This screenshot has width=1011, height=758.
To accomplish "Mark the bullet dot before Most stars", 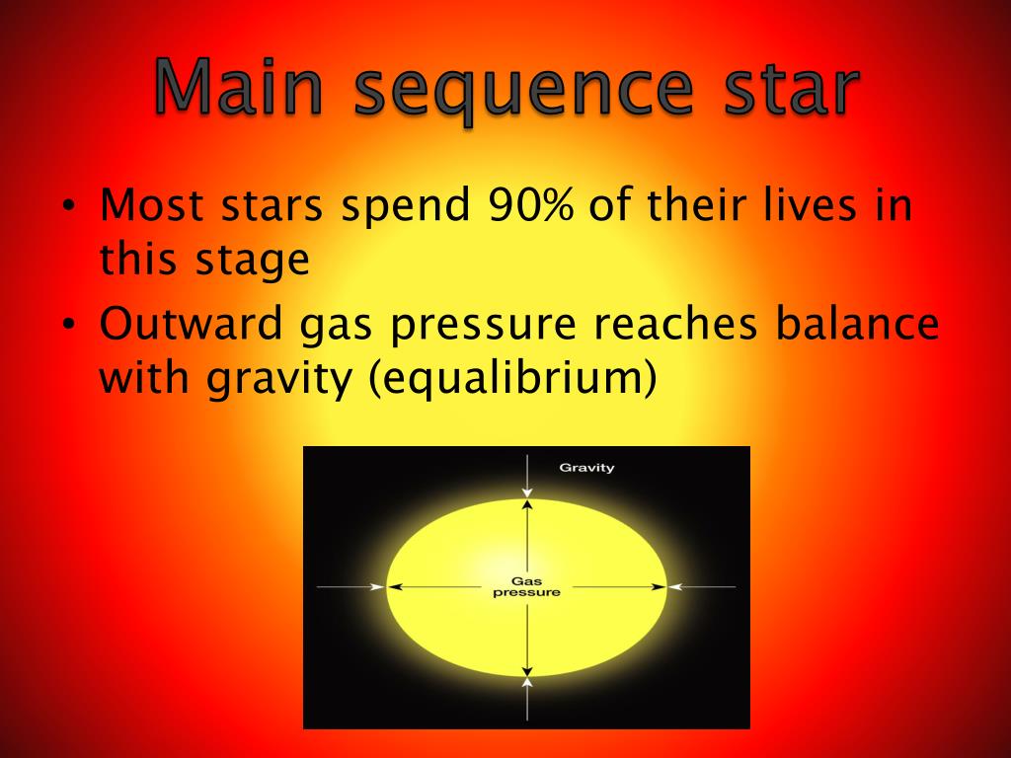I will tap(68, 207).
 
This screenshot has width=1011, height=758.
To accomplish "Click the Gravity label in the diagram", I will tap(586, 467).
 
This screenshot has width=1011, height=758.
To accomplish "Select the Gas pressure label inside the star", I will tap(526, 587).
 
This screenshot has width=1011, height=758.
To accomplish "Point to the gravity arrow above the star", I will tap(528, 476).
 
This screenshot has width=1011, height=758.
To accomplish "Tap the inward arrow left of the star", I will tap(350, 587).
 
